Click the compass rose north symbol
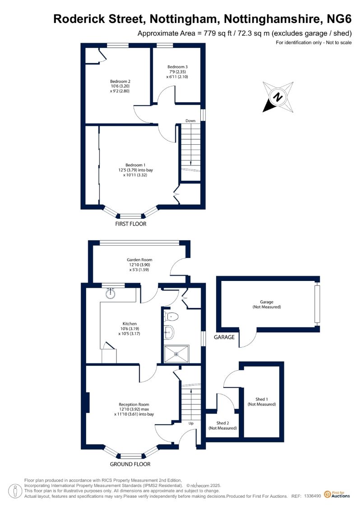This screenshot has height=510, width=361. [x=278, y=97]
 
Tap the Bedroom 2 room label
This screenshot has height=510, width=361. [x=120, y=86]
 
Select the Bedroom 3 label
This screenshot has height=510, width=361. [x=177, y=72]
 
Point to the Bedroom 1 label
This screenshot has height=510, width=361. [x=135, y=170]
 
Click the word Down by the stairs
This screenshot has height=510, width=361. [x=190, y=121]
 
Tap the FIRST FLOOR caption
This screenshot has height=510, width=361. [x=130, y=224]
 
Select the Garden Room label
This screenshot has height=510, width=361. [x=139, y=265]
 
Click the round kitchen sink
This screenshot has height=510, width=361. [x=111, y=293]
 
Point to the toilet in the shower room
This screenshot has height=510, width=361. [x=171, y=316]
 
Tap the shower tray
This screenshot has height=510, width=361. [x=176, y=354]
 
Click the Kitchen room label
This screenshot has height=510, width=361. [x=129, y=329]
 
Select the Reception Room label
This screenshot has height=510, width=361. [x=134, y=409]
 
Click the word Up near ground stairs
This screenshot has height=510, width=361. [x=191, y=423]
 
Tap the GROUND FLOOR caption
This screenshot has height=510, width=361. [x=130, y=464]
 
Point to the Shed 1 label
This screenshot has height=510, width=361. [x=262, y=402]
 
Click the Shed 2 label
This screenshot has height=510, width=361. [x=222, y=425]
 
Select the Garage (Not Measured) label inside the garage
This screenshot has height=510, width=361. [x=267, y=304]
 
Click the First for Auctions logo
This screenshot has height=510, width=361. [x=337, y=495]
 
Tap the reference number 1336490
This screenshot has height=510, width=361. [x=313, y=496]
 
